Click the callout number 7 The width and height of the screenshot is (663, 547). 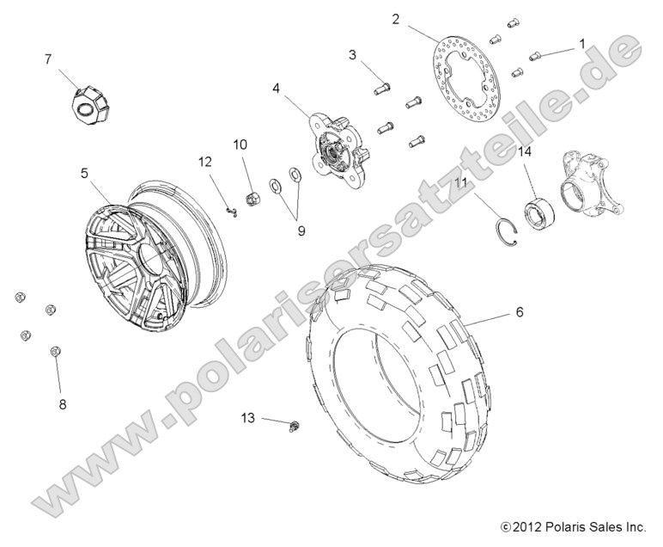[x=48, y=58]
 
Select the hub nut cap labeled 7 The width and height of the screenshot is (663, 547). [x=87, y=103]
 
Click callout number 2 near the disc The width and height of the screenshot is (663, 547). [x=395, y=18]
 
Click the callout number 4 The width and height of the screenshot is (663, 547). [x=277, y=88]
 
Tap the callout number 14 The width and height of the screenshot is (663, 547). [x=550, y=151]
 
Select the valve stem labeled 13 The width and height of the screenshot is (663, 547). [x=295, y=425]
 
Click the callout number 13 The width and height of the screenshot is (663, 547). [x=247, y=417]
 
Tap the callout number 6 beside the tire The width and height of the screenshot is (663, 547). [x=519, y=314]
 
